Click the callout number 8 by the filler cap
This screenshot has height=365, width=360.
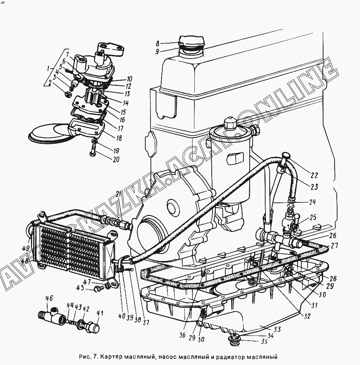(x=157, y=44)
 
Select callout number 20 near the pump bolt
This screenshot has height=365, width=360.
(x=116, y=159)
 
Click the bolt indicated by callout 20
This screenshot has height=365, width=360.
(x=93, y=151)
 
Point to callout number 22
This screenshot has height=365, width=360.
(x=314, y=175)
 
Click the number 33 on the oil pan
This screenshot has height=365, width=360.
(x=277, y=329)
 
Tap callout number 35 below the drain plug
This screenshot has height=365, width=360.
(x=264, y=342)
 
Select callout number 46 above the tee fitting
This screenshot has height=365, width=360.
(x=49, y=299)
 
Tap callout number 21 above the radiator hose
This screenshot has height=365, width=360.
(x=118, y=194)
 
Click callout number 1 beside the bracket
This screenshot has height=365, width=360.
(x=48, y=69)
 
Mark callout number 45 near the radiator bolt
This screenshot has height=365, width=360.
(x=80, y=288)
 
